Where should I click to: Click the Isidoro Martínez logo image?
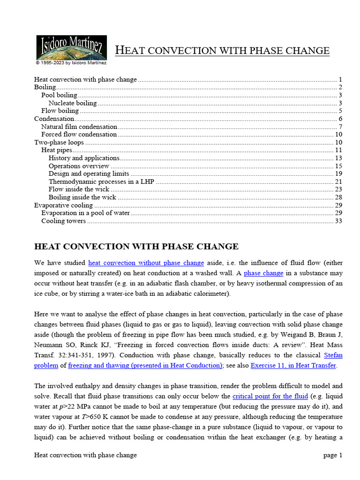pos(71,47)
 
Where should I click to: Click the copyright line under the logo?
pos(71,62)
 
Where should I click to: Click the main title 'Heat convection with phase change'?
pos(222,51)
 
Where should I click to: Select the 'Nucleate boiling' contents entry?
pos(73,103)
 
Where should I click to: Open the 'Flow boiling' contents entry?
pos(60,111)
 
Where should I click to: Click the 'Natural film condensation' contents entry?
pos(79,127)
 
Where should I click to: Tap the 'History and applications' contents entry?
pos(84,158)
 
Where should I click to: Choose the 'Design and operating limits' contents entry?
pos(89,174)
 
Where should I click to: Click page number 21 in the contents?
pos(338,182)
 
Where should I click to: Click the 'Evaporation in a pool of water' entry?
pos(85,213)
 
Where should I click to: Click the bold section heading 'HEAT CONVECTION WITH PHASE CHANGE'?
pos(136,247)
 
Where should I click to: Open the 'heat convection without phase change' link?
pos(146,263)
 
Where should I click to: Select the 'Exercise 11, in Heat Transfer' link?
pos(293,366)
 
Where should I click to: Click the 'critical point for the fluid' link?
pos(270,396)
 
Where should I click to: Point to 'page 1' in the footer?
pos(333,455)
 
